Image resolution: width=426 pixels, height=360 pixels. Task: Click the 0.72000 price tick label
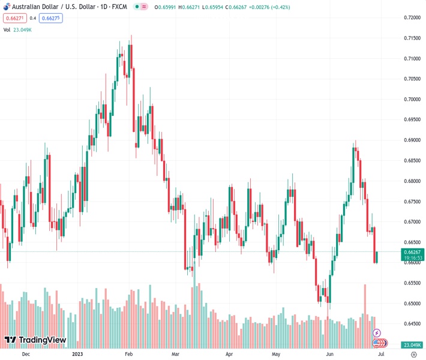pos(411,17)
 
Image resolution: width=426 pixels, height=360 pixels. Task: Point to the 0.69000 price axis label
pos(411,140)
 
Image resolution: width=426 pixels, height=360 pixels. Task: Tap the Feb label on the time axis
pos(129,355)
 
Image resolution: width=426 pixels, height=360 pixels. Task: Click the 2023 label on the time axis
pos(77,355)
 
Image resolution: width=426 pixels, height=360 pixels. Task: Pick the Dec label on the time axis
pos(25,355)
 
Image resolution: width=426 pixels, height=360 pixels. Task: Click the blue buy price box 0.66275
pos(51,18)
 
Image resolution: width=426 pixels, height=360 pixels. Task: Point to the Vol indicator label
pos(7,29)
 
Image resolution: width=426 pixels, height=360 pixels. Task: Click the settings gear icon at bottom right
pos(413,355)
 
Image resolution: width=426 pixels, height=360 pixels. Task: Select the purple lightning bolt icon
pos(377,333)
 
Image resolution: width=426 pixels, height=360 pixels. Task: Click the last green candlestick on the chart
pos(377,257)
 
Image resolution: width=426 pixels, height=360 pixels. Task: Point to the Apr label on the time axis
pos(229,355)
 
